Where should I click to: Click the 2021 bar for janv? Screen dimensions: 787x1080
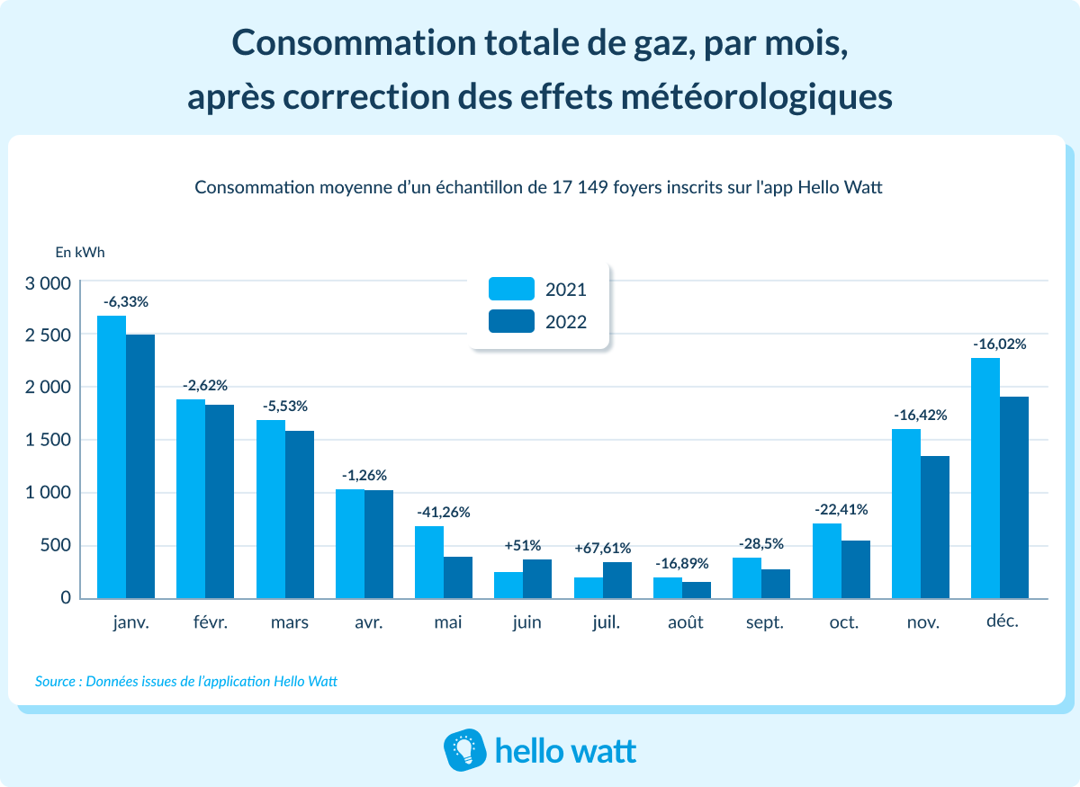[112, 457]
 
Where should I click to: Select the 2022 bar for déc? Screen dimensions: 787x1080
[1014, 497]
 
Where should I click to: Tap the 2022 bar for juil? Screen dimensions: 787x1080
[617, 580]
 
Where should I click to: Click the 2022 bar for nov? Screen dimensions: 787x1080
[935, 527]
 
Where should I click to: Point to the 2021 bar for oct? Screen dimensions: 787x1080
[826, 560]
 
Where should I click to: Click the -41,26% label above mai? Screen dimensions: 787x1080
[443, 512]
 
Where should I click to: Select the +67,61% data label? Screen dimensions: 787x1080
[603, 548]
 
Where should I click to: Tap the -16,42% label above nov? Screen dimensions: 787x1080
[920, 416]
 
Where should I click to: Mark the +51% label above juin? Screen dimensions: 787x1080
[523, 545]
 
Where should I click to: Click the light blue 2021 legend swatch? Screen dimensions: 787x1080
[511, 289]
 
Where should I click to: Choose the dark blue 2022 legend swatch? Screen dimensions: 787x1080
[511, 321]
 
